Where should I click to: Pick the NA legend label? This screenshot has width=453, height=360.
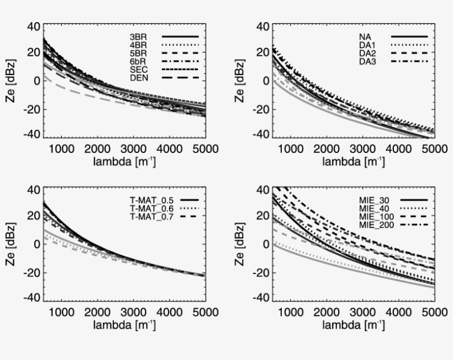365,36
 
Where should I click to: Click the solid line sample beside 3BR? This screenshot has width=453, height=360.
180,36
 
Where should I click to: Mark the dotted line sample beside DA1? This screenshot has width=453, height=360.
409,45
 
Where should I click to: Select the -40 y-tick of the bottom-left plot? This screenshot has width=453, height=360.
33,298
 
